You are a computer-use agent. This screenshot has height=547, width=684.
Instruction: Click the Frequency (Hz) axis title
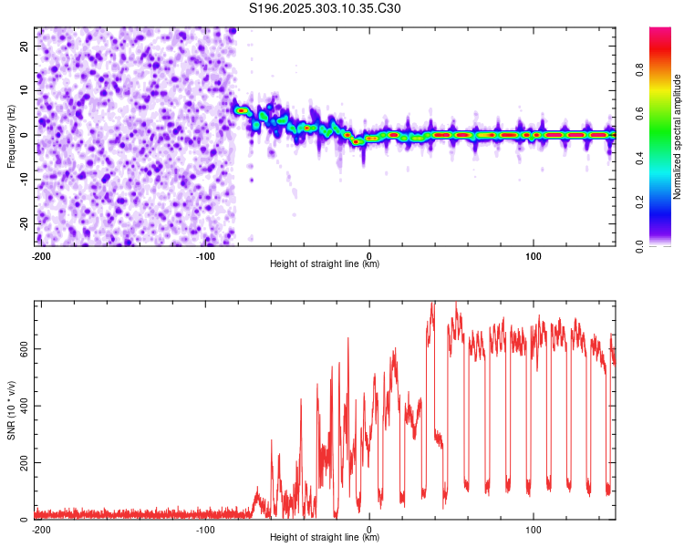(x=12, y=136)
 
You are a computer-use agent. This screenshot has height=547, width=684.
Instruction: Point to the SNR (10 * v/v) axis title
(x=12, y=409)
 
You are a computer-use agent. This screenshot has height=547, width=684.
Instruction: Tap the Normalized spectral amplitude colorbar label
(x=678, y=136)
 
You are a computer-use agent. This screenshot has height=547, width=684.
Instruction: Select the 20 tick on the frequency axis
(x=26, y=46)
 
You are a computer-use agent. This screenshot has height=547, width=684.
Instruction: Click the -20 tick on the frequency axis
(x=24, y=224)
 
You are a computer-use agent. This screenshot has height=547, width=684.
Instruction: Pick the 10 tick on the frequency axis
(x=26, y=90)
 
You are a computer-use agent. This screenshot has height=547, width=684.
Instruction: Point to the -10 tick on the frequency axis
(x=24, y=180)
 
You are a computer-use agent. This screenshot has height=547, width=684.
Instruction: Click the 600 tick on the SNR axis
(x=22, y=348)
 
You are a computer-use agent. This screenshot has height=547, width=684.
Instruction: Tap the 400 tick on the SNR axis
(x=22, y=406)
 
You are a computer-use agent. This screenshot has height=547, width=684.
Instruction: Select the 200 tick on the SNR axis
(x=22, y=463)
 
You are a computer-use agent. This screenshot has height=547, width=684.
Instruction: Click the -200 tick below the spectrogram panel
(x=40, y=254)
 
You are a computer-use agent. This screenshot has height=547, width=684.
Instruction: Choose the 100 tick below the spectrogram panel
(x=534, y=254)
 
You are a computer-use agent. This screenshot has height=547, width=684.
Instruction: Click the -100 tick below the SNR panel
(x=204, y=529)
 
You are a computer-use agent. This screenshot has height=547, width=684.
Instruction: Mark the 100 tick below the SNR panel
(x=534, y=529)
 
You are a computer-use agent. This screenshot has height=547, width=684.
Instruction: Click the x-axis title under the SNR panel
(x=325, y=539)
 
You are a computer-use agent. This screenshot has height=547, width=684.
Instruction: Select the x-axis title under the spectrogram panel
(x=325, y=264)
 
